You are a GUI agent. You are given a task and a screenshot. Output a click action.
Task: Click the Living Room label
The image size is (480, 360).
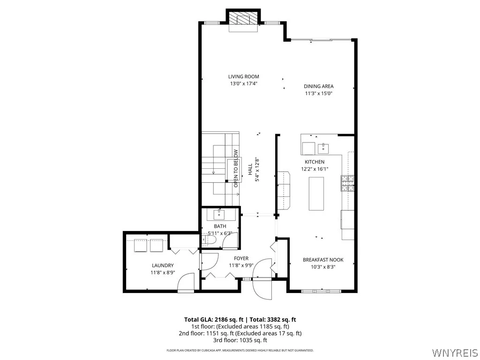click(243, 76)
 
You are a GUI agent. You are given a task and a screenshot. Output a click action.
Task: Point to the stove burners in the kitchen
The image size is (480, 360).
click(347, 183)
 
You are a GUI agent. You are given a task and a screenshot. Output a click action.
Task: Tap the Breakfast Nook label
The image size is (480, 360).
click(323, 260)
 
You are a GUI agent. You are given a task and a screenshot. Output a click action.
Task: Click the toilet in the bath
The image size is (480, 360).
click(210, 240)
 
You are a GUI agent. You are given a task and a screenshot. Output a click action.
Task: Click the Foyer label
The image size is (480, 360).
click(241, 258)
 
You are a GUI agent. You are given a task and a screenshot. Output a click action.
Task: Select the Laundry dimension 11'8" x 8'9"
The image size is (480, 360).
click(162, 272)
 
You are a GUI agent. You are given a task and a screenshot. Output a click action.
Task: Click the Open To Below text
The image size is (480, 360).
click(236, 168)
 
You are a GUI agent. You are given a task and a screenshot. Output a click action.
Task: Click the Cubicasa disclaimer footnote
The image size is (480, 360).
click(240, 350)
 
